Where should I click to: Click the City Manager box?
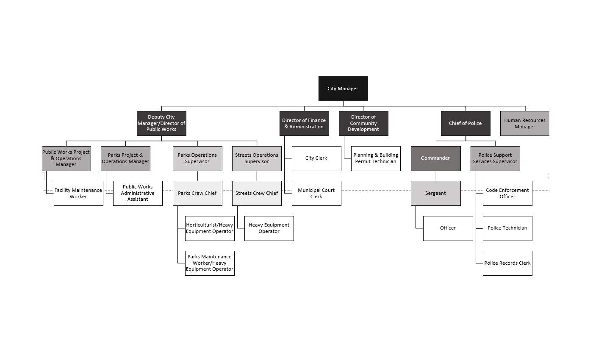[x=343, y=89]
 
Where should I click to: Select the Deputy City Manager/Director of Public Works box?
[x=161, y=123]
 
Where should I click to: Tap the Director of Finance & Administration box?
[x=304, y=123]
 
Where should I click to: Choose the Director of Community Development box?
[x=363, y=123]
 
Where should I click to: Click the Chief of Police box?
[x=466, y=123]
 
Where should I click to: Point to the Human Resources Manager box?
[x=524, y=123]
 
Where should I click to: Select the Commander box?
[x=435, y=158]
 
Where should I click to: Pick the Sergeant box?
[x=435, y=193]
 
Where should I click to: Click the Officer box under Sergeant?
[x=448, y=228]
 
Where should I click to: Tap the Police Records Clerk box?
[x=507, y=263]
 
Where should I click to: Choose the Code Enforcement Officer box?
[x=507, y=193]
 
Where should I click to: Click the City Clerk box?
[x=316, y=158]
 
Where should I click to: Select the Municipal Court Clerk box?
[x=316, y=193]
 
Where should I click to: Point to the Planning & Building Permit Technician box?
[x=376, y=158]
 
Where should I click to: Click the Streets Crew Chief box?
[x=257, y=193]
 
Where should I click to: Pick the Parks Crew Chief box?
[x=197, y=193]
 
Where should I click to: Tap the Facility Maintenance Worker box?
[x=78, y=193]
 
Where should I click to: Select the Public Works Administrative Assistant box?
[x=138, y=193]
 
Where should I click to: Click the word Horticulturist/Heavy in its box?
[x=210, y=225]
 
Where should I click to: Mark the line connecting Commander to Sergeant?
[x=436, y=176]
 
